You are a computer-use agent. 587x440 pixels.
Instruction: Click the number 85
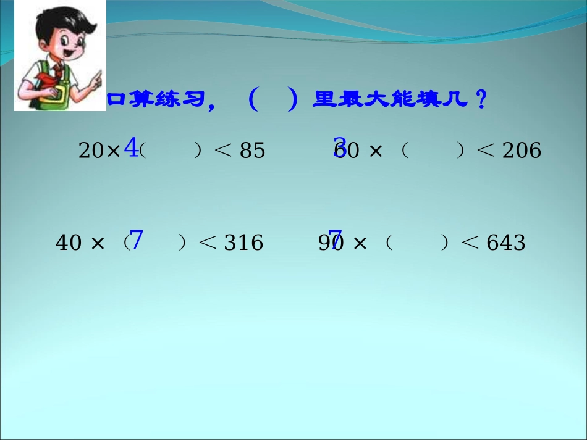pyautogui.click(x=252, y=151)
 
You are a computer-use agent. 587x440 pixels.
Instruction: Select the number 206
pyautogui.click(x=522, y=151)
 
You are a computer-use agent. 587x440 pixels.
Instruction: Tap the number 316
pyautogui.click(x=243, y=243)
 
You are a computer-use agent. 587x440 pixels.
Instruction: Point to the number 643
pyautogui.click(x=506, y=243)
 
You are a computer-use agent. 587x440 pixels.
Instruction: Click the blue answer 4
pyautogui.click(x=131, y=147)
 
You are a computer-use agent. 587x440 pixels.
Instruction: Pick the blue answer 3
pyautogui.click(x=339, y=147)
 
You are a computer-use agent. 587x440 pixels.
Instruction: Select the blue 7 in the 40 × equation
pyautogui.click(x=137, y=240)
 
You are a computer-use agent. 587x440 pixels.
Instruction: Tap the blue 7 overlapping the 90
pyautogui.click(x=336, y=239)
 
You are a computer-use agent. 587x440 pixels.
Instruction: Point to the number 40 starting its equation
pyautogui.click(x=69, y=243)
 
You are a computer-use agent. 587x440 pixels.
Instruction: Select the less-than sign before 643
pyautogui.click(x=471, y=243)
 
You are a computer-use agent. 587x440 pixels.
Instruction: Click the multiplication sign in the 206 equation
pyautogui.click(x=375, y=151)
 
